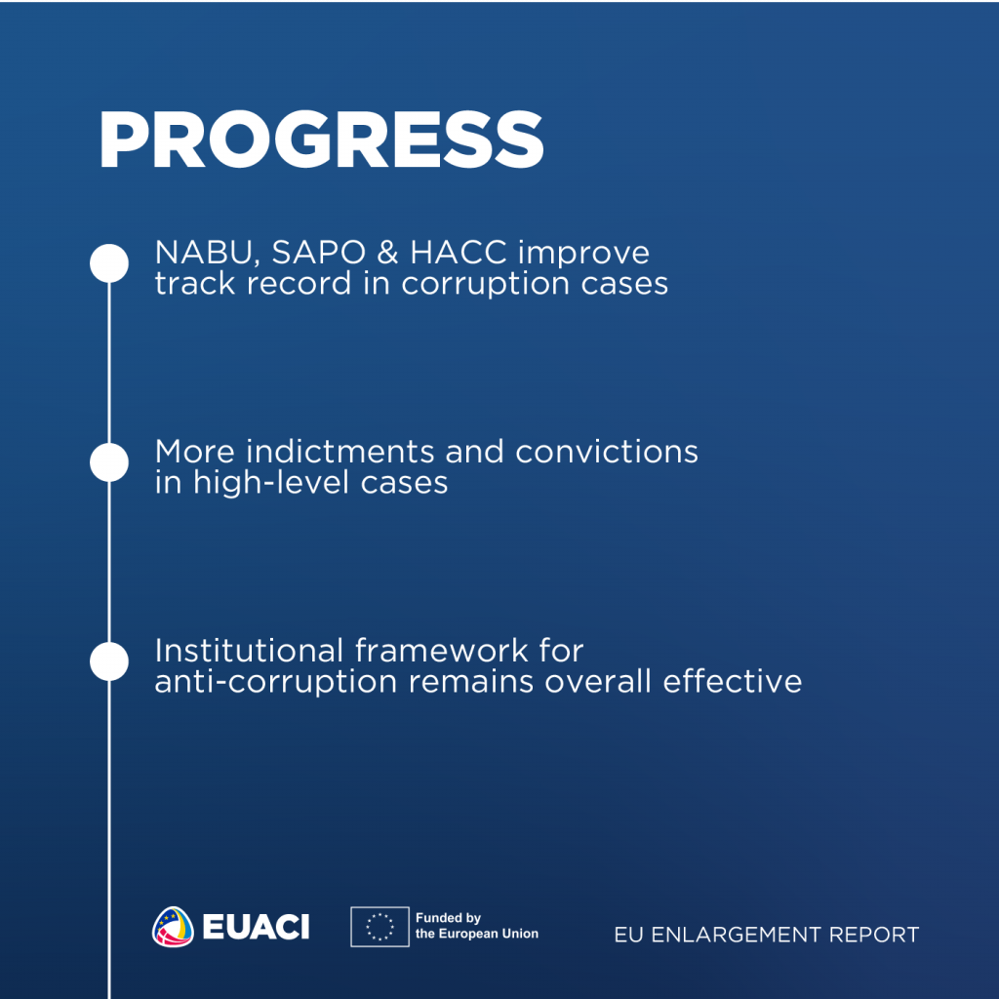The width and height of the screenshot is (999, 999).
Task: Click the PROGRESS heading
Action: coord(321,140)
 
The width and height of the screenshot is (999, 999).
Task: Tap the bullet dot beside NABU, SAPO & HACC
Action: coord(109,263)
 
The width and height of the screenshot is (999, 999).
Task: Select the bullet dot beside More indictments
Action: coord(109,462)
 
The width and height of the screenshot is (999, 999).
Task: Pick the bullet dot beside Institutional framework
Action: coord(109,661)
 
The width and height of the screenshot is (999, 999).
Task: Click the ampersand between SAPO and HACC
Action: coord(388,253)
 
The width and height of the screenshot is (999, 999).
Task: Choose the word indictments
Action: coord(340,452)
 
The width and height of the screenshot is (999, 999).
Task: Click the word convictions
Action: coord(607,452)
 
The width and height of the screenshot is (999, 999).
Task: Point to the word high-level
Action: coord(271,483)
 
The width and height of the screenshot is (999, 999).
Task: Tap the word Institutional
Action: coord(249,651)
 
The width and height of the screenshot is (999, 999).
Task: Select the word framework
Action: coord(442,651)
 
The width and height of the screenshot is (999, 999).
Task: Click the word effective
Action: coord(732,681)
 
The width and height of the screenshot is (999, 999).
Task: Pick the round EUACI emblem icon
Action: coord(173,927)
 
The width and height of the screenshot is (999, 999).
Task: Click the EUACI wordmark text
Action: coord(256,927)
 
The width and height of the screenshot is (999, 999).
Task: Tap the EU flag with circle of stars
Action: coord(380,927)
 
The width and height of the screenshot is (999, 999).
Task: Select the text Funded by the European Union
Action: coord(476,926)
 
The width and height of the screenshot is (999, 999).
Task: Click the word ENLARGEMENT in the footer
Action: coord(736,935)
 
